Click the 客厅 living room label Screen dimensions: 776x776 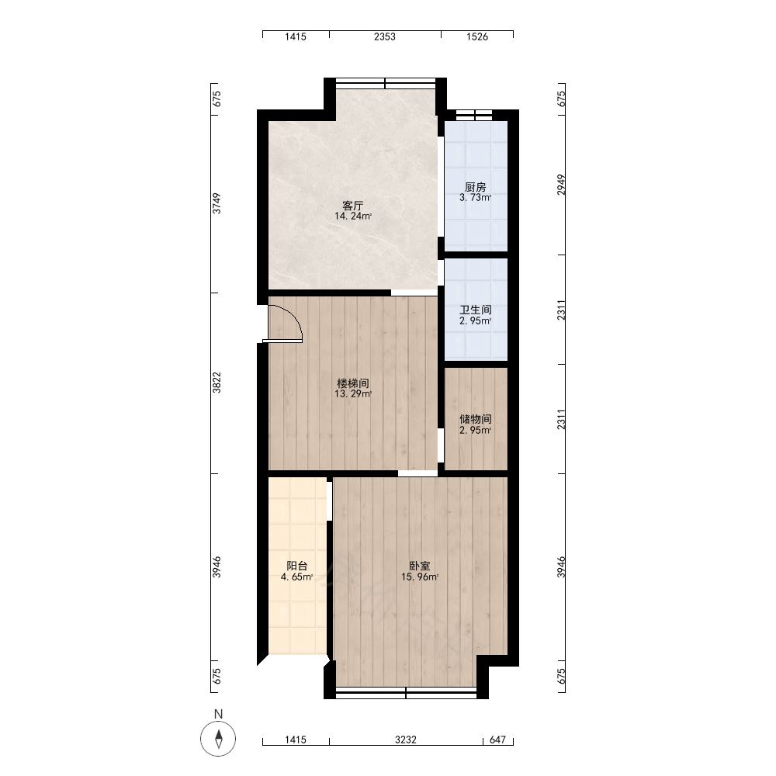(x=353, y=206)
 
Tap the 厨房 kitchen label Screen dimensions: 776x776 (x=475, y=187)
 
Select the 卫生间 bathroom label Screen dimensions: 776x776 (x=475, y=310)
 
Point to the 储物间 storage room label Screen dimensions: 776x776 (x=475, y=420)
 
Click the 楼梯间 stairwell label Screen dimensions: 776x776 (x=353, y=383)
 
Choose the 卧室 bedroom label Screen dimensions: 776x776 (x=420, y=566)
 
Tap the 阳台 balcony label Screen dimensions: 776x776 (x=297, y=566)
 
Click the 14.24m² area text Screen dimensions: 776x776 (x=353, y=217)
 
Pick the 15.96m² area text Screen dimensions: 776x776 (x=420, y=577)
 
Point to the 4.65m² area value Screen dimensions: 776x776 (x=297, y=577)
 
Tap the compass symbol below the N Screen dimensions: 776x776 (x=218, y=739)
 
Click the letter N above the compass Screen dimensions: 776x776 (x=218, y=714)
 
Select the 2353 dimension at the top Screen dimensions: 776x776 (x=385, y=36)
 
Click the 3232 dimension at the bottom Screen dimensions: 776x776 (x=405, y=740)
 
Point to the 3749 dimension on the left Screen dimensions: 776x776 (x=217, y=203)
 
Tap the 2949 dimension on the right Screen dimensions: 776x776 (x=561, y=185)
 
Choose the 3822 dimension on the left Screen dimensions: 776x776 (x=217, y=383)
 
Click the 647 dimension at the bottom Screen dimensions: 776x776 (x=498, y=740)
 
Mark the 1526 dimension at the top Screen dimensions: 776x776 (x=477, y=36)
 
